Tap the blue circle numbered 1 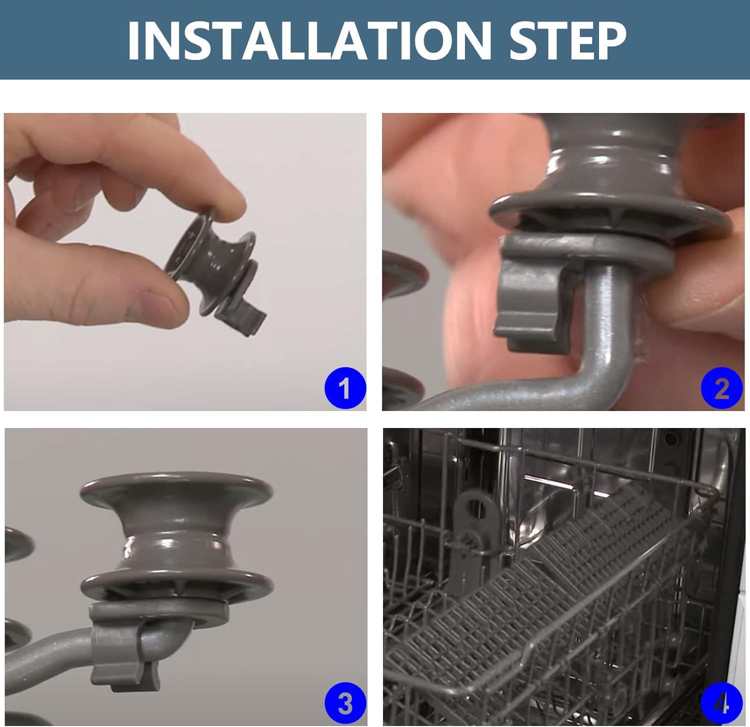pyautogui.click(x=344, y=388)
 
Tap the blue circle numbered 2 pyautogui.click(x=721, y=388)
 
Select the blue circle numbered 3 pyautogui.click(x=345, y=703)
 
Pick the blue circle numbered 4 pyautogui.click(x=721, y=703)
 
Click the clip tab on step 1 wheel pyautogui.click(x=242, y=320)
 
